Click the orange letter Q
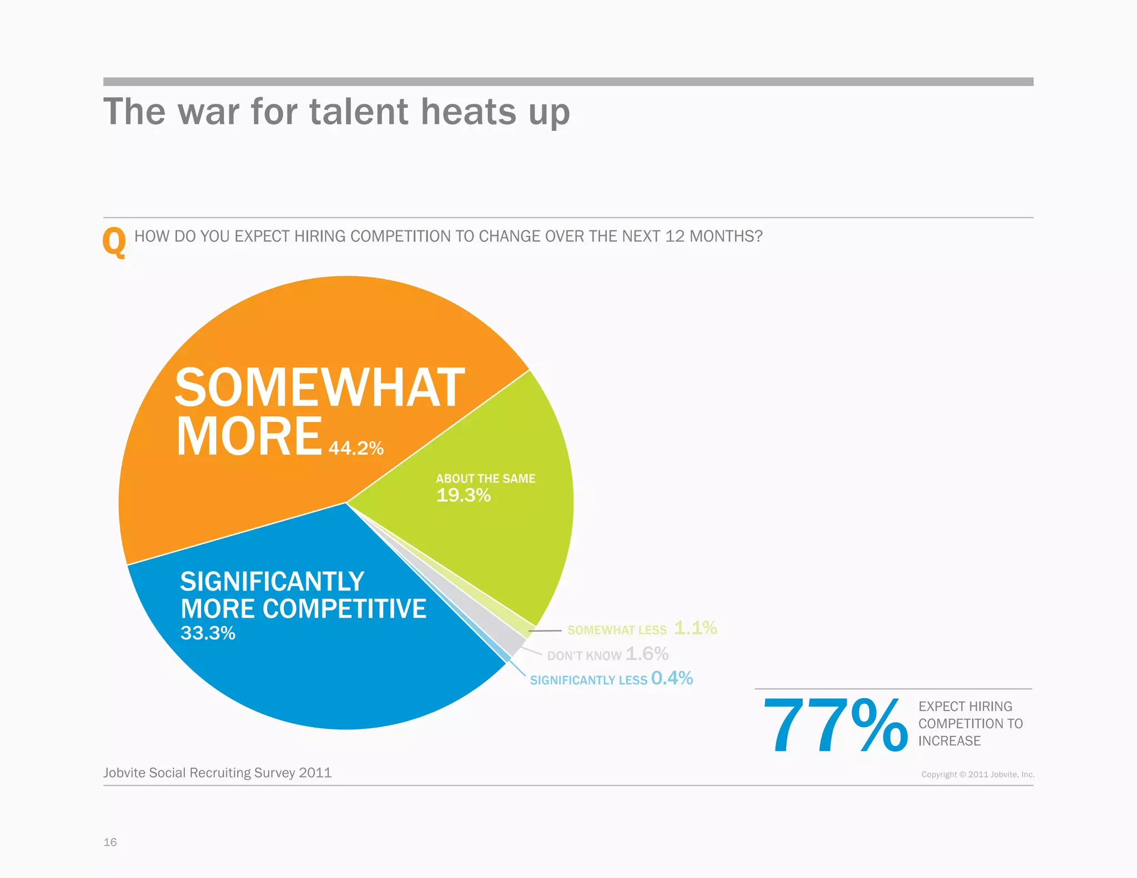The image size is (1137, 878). point(114,243)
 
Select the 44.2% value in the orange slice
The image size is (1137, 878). point(356,448)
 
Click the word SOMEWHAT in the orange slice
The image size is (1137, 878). point(319,388)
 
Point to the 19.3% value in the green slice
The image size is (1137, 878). point(463,495)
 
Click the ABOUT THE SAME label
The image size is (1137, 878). point(485,478)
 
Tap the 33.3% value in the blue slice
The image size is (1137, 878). point(208,633)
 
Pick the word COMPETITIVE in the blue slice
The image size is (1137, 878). point(344,609)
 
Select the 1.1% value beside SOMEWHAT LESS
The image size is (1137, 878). point(695,628)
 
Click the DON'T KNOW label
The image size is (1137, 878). point(584,655)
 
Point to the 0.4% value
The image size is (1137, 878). point(672,678)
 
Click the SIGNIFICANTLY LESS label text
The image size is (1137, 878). point(588,680)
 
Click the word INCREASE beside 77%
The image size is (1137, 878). point(949,741)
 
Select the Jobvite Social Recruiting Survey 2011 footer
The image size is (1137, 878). point(217,773)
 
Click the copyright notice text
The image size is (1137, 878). point(978,774)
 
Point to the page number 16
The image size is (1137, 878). point(110,842)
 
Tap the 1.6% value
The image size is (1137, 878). point(647,653)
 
